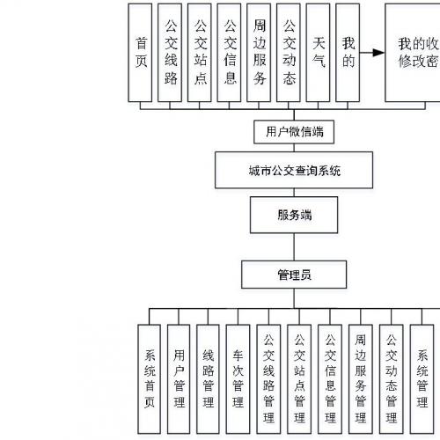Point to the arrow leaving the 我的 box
[373, 52]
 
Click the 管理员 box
[294, 275]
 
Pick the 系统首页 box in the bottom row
[150, 378]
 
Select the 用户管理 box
[180, 378]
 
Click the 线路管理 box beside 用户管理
[209, 378]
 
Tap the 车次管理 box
[238, 378]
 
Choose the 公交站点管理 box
[299, 378]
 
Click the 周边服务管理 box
[360, 378]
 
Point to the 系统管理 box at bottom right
[422, 378]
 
